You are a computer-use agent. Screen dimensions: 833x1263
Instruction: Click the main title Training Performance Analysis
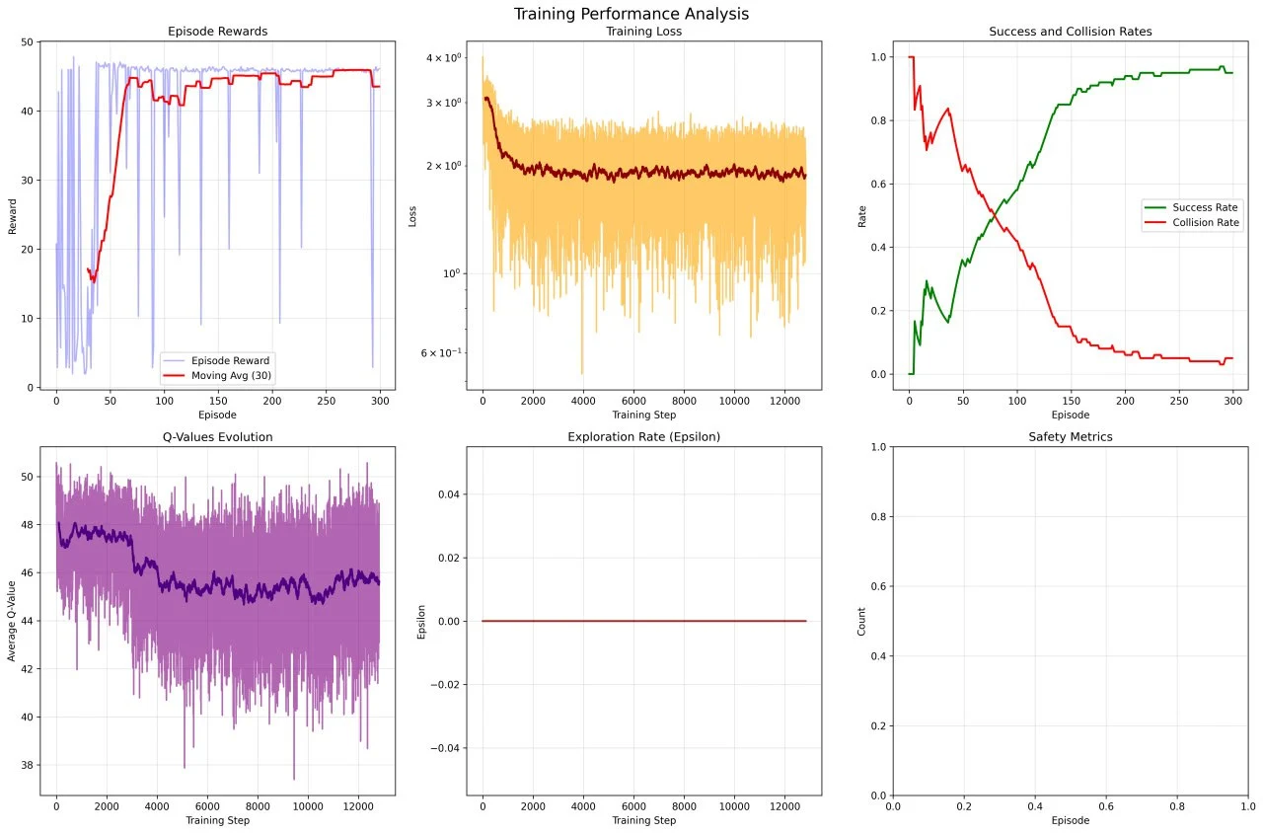tap(631, 14)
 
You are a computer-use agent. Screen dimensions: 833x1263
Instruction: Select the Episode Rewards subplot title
tap(217, 32)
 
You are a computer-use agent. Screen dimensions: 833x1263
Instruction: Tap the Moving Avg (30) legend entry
tap(232, 376)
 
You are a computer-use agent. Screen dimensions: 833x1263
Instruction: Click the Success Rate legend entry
tap(1205, 207)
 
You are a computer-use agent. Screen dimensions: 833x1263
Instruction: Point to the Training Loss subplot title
tap(643, 32)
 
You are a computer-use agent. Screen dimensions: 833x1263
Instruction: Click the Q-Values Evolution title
tap(217, 437)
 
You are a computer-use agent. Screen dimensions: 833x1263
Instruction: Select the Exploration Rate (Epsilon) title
tap(643, 437)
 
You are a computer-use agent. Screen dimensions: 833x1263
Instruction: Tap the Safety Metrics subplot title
tap(1070, 437)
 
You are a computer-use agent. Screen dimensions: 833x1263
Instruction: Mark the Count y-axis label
tap(861, 621)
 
